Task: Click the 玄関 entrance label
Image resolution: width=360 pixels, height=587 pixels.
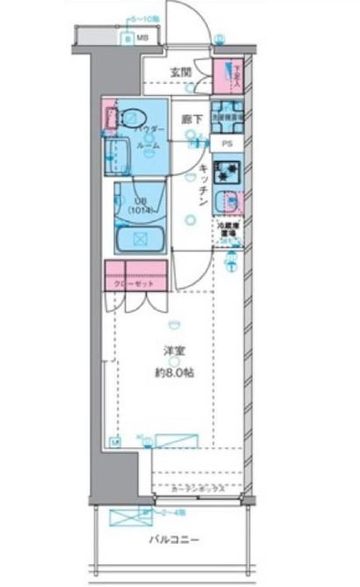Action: (181, 73)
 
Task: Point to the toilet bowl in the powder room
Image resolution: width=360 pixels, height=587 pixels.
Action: (133, 118)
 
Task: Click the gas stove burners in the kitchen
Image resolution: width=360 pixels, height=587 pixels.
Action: (227, 171)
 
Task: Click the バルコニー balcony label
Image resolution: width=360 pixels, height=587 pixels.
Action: (180, 540)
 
